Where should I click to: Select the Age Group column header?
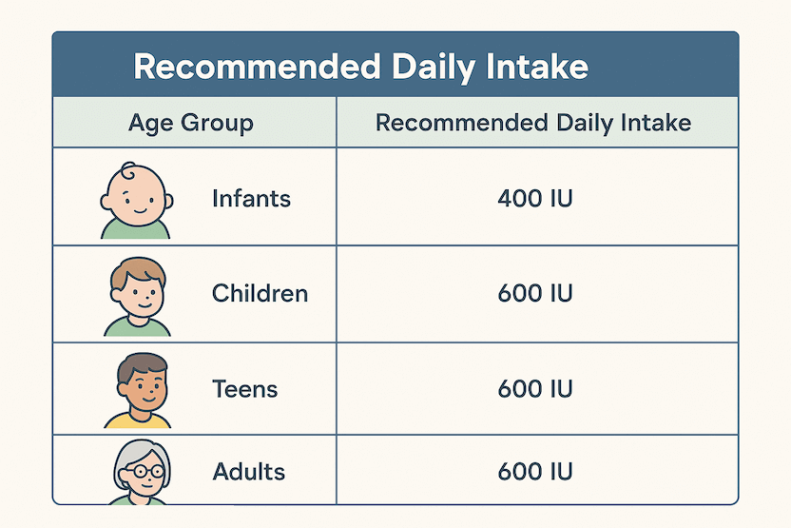(191, 123)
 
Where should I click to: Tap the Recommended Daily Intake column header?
(533, 123)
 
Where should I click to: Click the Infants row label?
(251, 199)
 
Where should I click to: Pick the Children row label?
(260, 293)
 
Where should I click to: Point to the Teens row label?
(245, 389)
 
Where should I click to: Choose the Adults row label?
(249, 472)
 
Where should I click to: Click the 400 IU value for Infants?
(535, 199)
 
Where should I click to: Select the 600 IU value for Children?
(535, 293)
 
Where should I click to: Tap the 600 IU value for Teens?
(535, 389)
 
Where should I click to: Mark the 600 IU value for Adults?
(535, 472)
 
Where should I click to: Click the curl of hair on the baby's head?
(128, 170)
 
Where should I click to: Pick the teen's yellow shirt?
(138, 420)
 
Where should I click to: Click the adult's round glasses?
(144, 472)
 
